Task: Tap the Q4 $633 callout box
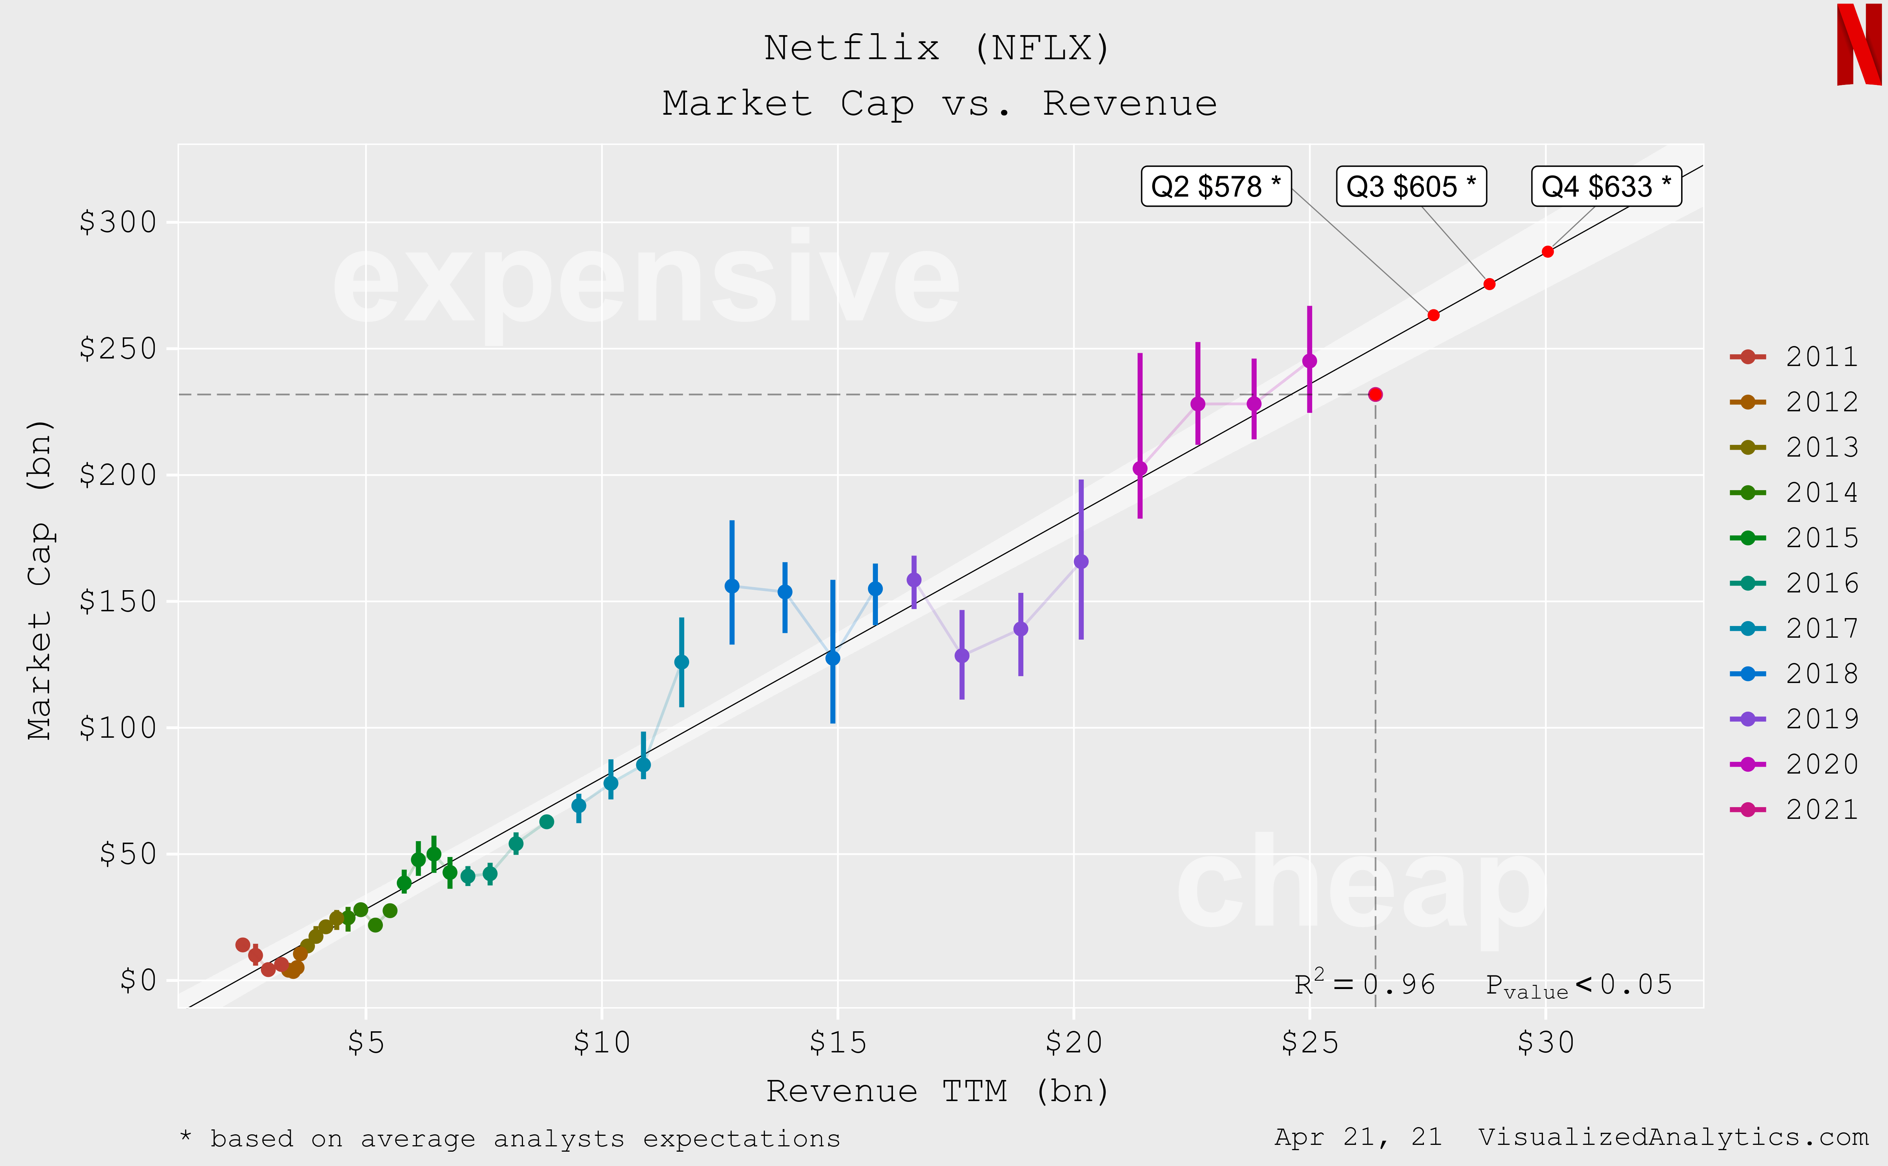tap(1606, 187)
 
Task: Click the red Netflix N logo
tap(1859, 45)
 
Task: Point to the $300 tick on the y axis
tap(118, 222)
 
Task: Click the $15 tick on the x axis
tap(837, 1043)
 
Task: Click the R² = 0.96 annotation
tap(1364, 984)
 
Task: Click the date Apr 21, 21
tap(1358, 1137)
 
